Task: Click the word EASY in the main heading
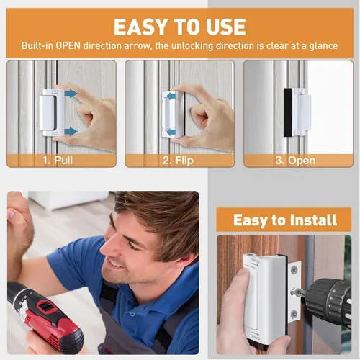(140, 27)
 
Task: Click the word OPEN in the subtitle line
(68, 45)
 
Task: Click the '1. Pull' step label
(58, 160)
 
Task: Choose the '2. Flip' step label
(178, 161)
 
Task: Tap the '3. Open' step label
(295, 161)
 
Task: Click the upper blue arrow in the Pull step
(71, 94)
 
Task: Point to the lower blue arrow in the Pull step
(71, 131)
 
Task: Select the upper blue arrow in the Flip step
(171, 96)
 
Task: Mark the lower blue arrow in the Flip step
(171, 132)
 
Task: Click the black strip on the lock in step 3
(288, 112)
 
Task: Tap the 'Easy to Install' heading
(285, 220)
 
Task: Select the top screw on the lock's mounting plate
(294, 270)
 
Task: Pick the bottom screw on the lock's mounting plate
(294, 313)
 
